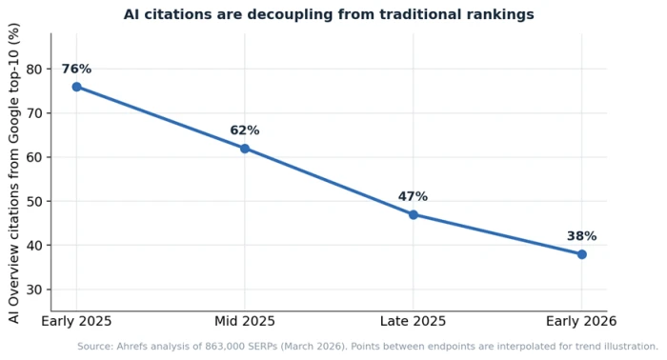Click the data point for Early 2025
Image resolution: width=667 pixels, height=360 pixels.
[x=76, y=87]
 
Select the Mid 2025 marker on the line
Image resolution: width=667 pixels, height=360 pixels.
[x=245, y=149]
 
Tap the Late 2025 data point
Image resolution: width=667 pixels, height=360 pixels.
[x=413, y=214]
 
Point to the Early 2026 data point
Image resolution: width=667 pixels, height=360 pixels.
[x=581, y=254]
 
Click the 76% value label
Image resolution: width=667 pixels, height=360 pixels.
[x=76, y=69]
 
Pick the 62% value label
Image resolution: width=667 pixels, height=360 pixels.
[x=245, y=130]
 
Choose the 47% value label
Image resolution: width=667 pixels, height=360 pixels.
[x=413, y=196]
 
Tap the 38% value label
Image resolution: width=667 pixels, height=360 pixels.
[x=581, y=236]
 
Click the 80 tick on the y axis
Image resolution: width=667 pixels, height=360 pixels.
[x=34, y=70]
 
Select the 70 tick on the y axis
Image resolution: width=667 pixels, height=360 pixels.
[x=34, y=113]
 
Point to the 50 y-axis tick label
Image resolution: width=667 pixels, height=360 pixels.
[x=34, y=201]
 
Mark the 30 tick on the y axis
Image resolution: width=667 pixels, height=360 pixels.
[x=34, y=290]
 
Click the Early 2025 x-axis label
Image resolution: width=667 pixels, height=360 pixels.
[x=76, y=321]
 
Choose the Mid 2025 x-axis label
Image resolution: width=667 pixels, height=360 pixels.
[x=245, y=321]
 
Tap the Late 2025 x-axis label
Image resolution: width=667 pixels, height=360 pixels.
[x=413, y=321]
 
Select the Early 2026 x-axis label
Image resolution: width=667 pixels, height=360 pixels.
[x=581, y=321]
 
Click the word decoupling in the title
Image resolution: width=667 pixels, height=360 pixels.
[x=291, y=15]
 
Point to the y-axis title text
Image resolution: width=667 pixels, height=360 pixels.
[x=14, y=173]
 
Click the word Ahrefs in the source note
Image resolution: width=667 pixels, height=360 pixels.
[x=131, y=347]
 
